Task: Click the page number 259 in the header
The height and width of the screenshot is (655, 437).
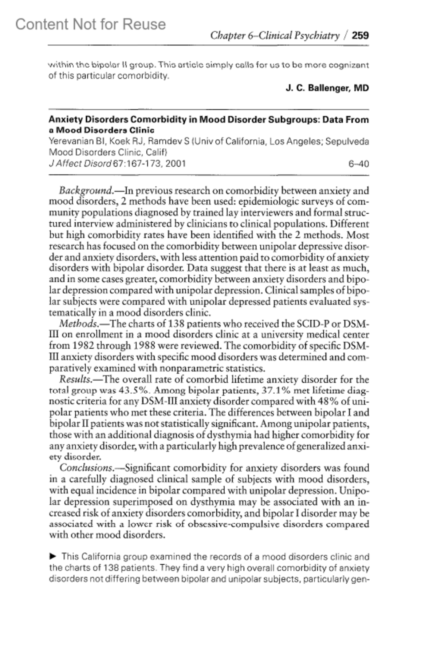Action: click(x=361, y=36)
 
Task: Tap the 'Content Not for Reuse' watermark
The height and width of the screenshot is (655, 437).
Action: click(x=90, y=24)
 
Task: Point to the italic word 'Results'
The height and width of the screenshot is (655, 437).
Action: click(x=75, y=380)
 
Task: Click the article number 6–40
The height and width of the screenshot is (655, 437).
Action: click(x=358, y=164)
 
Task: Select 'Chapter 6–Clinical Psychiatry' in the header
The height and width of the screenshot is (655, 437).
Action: click(x=275, y=36)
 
